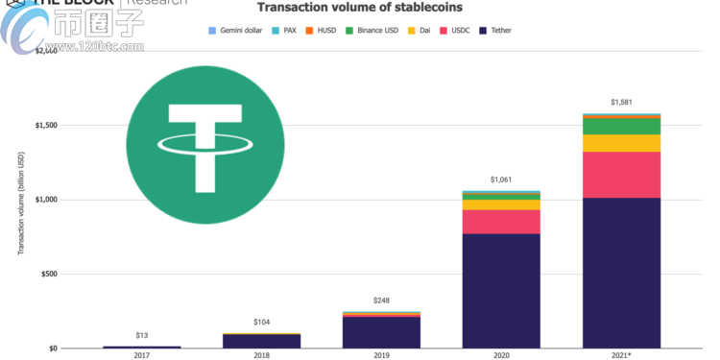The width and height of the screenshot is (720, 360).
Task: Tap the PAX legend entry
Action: point(287,31)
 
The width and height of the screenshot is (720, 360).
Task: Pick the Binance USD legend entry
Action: point(374,31)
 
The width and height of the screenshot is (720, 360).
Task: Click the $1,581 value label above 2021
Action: point(623,102)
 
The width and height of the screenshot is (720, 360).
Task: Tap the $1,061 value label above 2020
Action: point(502,180)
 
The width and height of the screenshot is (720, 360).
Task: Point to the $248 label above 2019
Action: point(382,300)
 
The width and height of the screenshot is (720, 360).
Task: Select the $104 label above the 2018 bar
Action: point(261,323)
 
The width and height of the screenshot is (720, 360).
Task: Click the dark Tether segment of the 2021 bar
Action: point(623,273)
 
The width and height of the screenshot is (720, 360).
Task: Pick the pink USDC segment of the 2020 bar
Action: point(502,222)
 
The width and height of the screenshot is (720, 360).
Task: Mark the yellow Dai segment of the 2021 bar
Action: point(623,143)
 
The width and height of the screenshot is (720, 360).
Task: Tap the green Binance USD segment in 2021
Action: point(623,126)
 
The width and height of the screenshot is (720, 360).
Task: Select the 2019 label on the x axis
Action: point(382,354)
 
